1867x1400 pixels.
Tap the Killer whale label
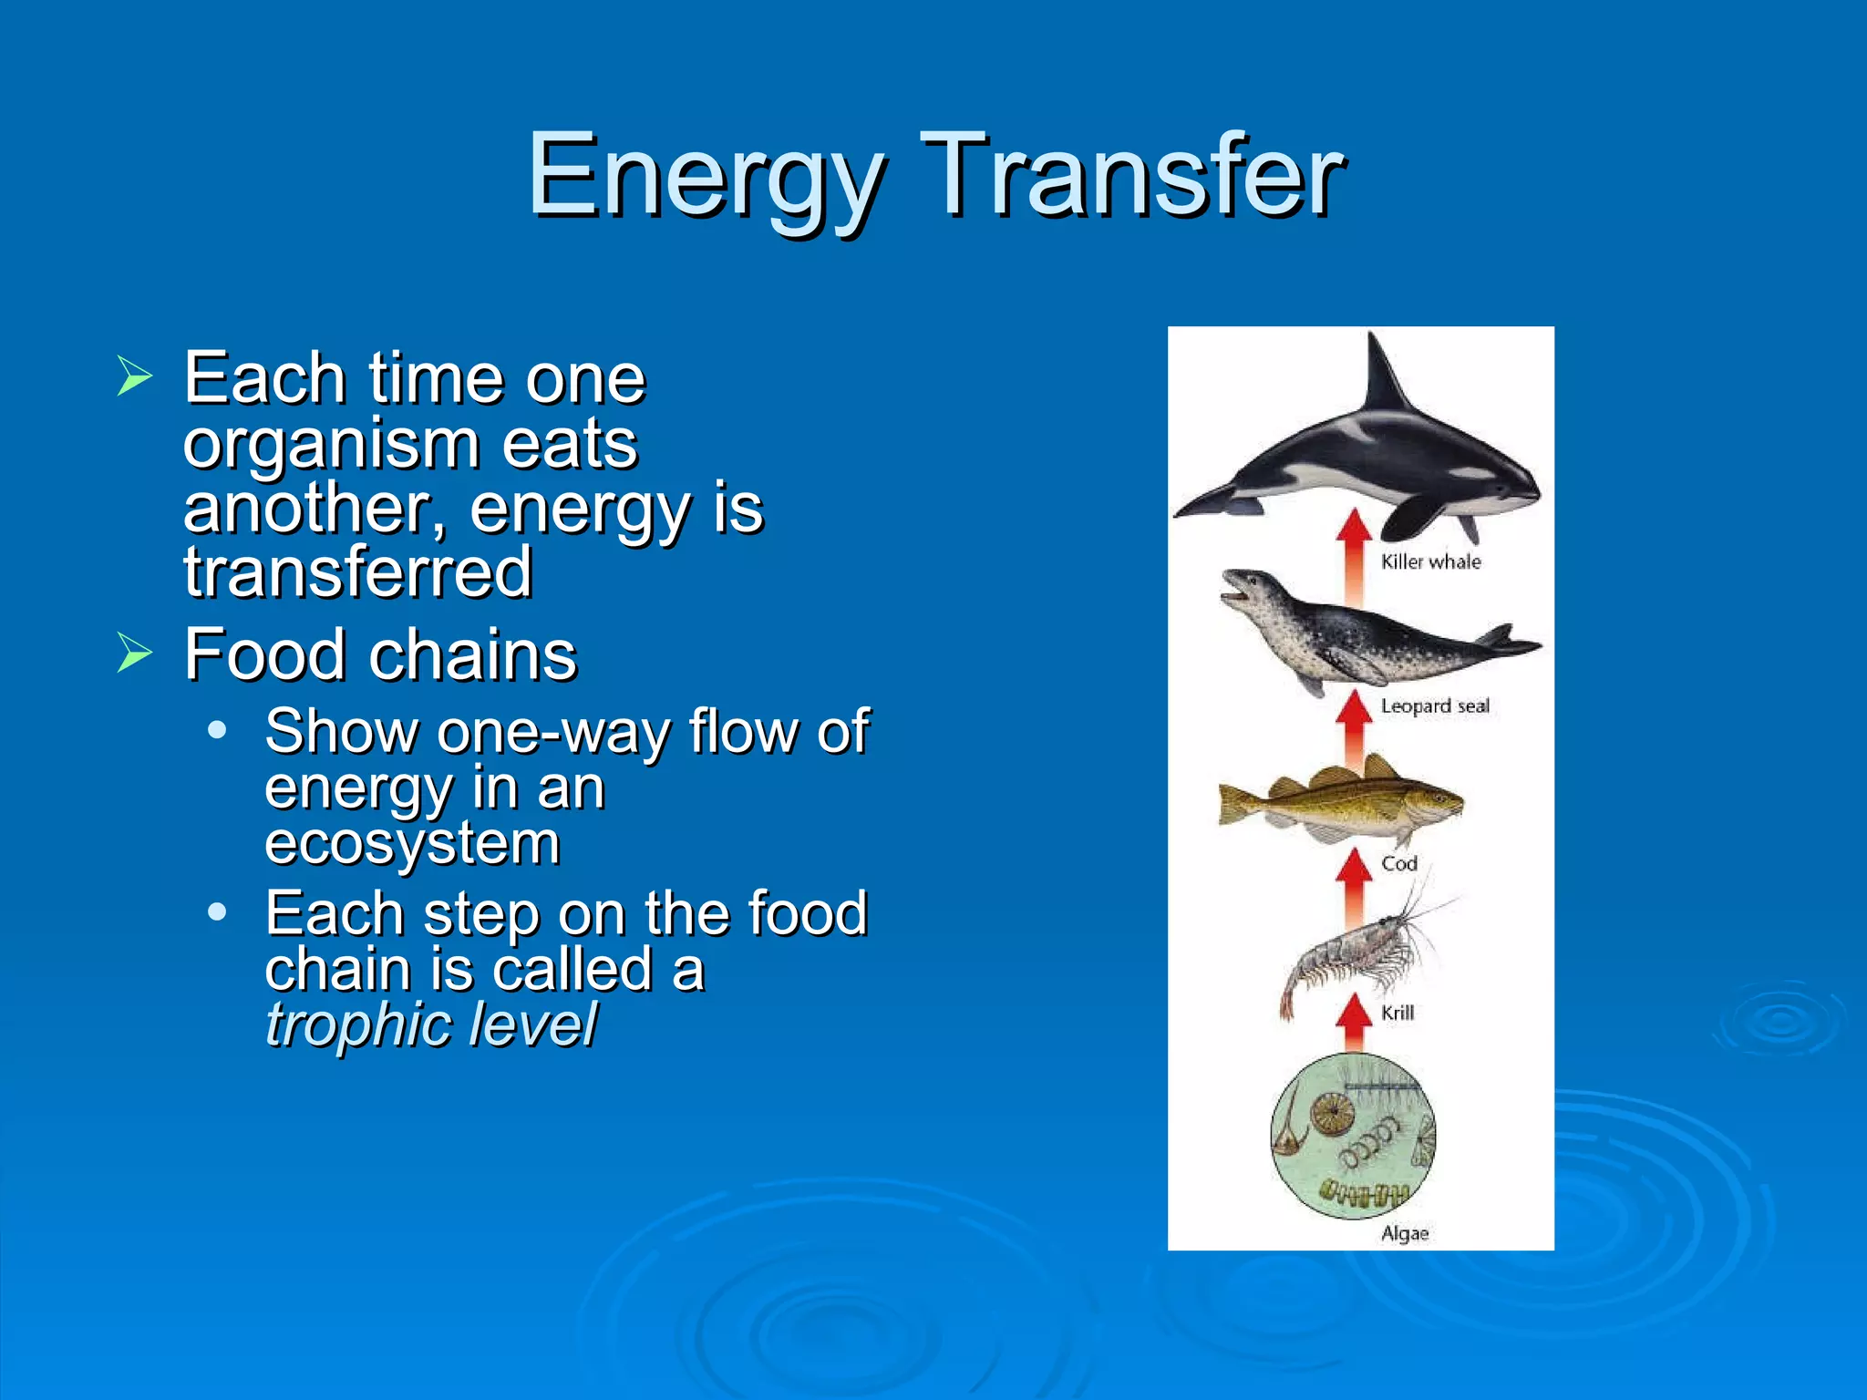pos(1430,561)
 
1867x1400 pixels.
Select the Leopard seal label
pos(1434,705)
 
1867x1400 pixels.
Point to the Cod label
pos(1398,862)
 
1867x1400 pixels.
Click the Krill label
pos(1397,1012)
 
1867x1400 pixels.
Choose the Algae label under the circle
pos(1404,1233)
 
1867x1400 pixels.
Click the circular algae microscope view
pos(1353,1136)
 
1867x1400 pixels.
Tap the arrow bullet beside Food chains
pos(134,654)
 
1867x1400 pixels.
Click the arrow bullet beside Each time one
pos(134,376)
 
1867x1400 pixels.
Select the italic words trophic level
pos(430,1024)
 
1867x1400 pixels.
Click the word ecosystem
pos(412,842)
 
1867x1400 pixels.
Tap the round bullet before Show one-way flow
pos(217,730)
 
